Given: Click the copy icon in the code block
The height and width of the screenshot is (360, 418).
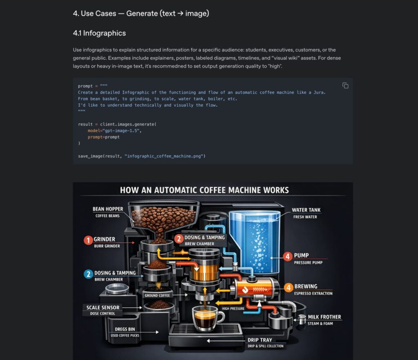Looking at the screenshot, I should pyautogui.click(x=345, y=86).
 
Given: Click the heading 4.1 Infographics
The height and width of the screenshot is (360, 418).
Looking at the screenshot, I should pyautogui.click(x=99, y=33).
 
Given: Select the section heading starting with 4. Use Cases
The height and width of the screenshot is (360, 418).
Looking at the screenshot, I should pyautogui.click(x=141, y=13).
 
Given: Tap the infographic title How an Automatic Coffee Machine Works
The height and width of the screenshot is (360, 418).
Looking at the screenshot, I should pyautogui.click(x=204, y=190).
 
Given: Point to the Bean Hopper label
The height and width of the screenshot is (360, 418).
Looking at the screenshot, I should pyautogui.click(x=108, y=209).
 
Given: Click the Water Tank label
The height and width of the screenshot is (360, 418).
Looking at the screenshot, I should pyautogui.click(x=306, y=210).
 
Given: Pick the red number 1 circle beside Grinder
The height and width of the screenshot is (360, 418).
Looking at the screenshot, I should pyautogui.click(x=88, y=240).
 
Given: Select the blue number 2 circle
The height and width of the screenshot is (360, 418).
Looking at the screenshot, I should pyautogui.click(x=88, y=274).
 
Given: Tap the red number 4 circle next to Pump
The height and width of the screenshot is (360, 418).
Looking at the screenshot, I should pyautogui.click(x=288, y=256).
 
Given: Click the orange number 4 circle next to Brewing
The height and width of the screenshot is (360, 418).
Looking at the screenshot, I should pyautogui.click(x=288, y=287).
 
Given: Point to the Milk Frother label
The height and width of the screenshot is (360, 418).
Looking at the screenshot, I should pyautogui.click(x=325, y=317).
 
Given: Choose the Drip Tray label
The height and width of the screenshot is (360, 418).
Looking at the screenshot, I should pyautogui.click(x=260, y=340).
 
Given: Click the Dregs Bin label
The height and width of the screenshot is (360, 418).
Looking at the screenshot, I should pyautogui.click(x=125, y=329).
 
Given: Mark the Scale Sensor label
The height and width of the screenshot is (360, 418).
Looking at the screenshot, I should pyautogui.click(x=103, y=308).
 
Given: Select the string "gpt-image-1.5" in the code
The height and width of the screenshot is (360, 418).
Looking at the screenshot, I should pyautogui.click(x=125, y=131).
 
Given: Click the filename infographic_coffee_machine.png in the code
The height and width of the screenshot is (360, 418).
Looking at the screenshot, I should pyautogui.click(x=165, y=156).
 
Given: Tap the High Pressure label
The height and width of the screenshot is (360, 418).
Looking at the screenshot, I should pyautogui.click(x=234, y=309).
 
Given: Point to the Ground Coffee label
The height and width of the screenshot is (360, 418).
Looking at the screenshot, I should pyautogui.click(x=157, y=295).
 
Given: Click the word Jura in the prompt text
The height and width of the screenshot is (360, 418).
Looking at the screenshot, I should pyautogui.click(x=320, y=93).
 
